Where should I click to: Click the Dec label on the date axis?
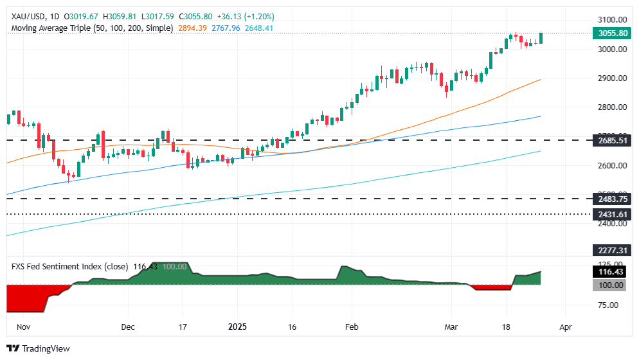tap(127, 327)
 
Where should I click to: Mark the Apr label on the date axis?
tap(565, 327)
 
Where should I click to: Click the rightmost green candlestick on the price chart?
tap(541, 38)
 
